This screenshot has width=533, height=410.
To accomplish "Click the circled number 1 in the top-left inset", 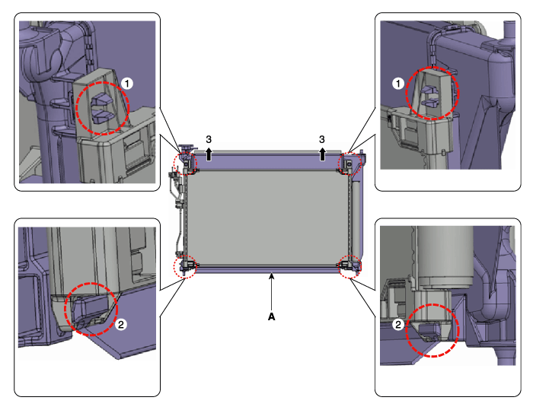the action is [127, 84].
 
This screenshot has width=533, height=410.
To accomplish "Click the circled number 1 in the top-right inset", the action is [398, 84].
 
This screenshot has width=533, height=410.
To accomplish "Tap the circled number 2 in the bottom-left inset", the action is [120, 324].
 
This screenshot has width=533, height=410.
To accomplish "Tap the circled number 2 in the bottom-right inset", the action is [398, 324].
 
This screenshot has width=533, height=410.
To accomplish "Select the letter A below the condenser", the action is [271, 316].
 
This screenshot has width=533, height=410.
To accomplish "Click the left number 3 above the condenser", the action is [209, 139].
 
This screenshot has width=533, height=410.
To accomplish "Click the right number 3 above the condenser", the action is [322, 139].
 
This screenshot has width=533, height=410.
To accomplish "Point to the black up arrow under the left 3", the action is [209, 154].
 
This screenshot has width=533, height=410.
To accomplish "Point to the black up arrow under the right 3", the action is [322, 154].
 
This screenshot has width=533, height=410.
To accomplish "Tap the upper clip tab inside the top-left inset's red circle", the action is [101, 100].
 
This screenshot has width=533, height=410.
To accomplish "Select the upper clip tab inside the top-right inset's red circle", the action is [430, 89].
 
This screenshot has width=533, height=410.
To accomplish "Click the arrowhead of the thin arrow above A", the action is [271, 276].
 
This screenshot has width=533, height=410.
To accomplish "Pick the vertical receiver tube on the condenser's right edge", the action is [356, 221].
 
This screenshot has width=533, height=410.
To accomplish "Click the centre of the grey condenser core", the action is [267, 218].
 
